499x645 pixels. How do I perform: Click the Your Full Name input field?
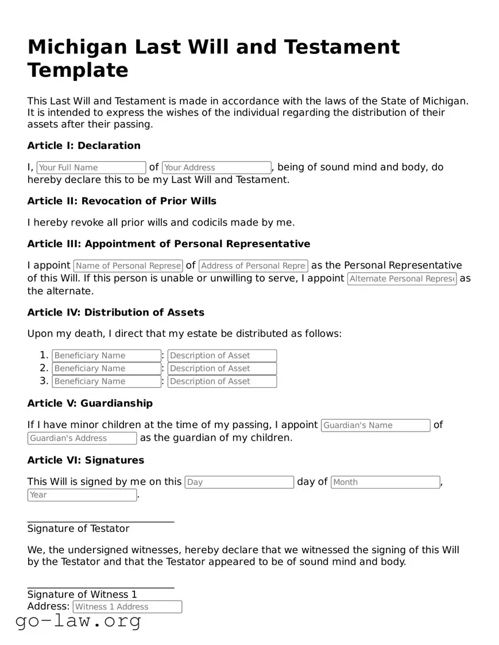click(x=91, y=168)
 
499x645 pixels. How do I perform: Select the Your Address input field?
click(x=216, y=168)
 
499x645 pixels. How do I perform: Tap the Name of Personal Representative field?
click(x=128, y=266)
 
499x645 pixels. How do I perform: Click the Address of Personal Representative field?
click(x=253, y=266)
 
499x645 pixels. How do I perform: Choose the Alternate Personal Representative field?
click(x=402, y=279)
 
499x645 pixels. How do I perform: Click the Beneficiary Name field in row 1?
click(x=106, y=356)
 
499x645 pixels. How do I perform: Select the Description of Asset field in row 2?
click(x=222, y=368)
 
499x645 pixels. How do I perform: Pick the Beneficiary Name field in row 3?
click(x=106, y=381)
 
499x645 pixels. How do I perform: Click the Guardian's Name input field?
click(x=376, y=425)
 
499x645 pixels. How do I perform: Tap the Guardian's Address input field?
click(x=82, y=438)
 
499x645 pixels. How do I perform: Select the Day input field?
click(x=239, y=482)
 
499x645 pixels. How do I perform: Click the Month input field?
click(x=385, y=482)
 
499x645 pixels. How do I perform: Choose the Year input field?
click(x=82, y=495)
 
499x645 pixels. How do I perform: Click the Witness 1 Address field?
click(x=127, y=607)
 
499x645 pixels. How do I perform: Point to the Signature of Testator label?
click(x=78, y=529)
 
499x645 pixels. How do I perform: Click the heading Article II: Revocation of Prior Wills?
click(x=122, y=201)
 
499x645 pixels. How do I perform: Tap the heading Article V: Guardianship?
click(x=90, y=403)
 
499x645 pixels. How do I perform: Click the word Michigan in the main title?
click(x=77, y=46)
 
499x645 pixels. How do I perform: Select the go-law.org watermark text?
click(x=78, y=620)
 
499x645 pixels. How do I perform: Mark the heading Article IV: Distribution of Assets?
click(x=116, y=312)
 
